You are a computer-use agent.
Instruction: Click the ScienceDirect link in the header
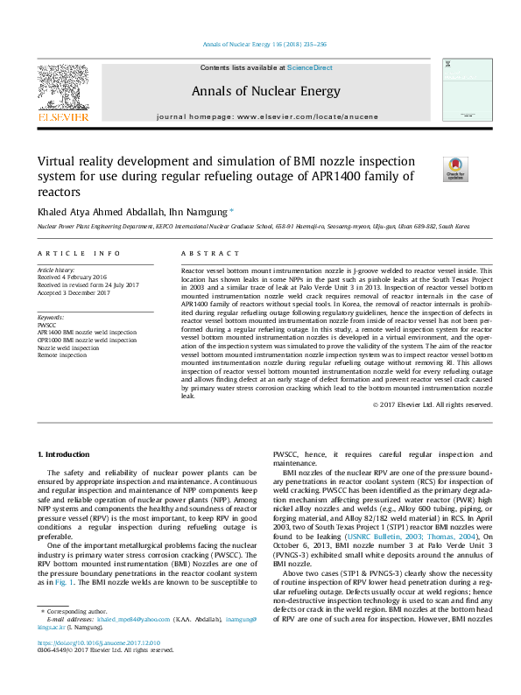(x=308, y=68)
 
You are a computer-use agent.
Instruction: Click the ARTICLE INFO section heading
(x=79, y=254)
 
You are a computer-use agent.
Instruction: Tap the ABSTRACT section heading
(x=209, y=254)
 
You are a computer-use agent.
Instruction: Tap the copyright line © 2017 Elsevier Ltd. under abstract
(x=432, y=404)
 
